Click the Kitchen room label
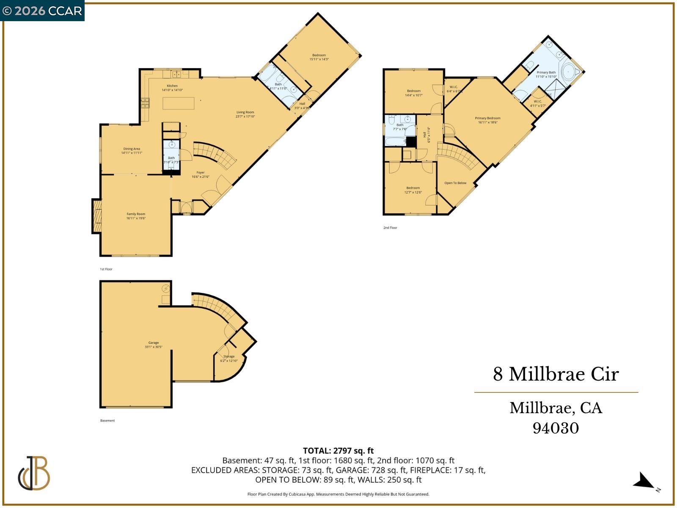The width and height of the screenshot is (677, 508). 172,86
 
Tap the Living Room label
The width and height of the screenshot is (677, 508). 245,112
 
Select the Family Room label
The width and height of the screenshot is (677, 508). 136,214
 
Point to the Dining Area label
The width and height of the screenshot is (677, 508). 132,149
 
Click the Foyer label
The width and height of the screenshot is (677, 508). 201,173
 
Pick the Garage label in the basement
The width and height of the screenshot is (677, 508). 154,343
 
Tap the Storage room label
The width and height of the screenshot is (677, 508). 229,356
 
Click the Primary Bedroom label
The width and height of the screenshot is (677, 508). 488,119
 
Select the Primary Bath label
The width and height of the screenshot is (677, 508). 546,72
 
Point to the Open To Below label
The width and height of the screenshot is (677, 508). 455,183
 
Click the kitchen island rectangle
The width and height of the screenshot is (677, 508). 179,103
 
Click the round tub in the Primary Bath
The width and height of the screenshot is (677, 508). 568,72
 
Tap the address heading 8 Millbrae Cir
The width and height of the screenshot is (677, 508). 556,374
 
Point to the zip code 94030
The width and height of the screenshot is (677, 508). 556,428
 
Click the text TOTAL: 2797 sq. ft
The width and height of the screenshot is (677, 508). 338,450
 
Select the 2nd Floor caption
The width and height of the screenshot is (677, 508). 390,228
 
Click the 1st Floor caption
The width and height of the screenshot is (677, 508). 106,269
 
